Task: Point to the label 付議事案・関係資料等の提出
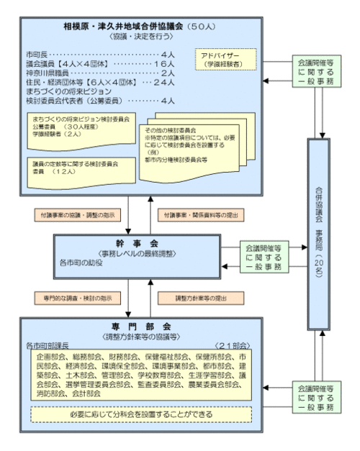point(198,214)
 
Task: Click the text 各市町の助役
point(84,264)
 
